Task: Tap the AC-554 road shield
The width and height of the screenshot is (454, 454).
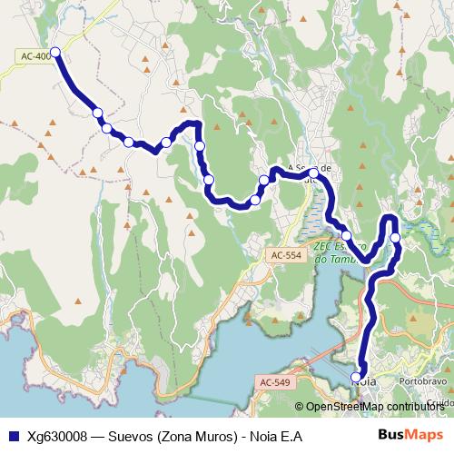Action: [x=285, y=257]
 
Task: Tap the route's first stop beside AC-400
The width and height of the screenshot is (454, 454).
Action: [x=55, y=52]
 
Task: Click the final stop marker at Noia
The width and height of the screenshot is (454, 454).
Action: [x=356, y=377]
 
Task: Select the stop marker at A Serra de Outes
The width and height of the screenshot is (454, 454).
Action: [x=313, y=173]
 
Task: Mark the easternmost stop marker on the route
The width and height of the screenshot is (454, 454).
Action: [x=395, y=238]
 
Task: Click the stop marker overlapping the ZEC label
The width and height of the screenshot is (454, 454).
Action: [x=346, y=235]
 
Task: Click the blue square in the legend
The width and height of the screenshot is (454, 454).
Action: [x=13, y=436]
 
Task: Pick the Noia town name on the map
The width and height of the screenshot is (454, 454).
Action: [x=363, y=382]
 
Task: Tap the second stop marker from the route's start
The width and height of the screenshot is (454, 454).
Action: [x=97, y=113]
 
